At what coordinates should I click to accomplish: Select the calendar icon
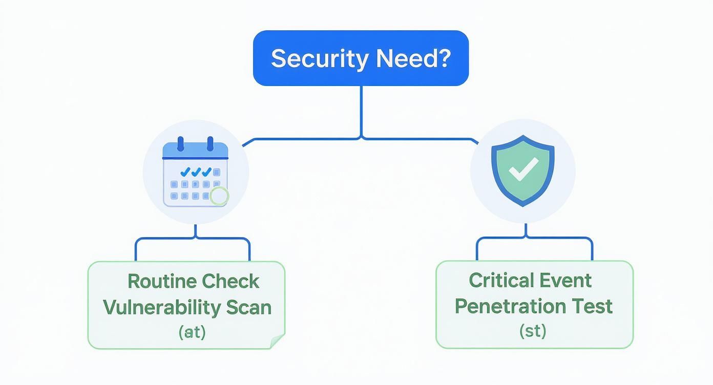[x=195, y=173]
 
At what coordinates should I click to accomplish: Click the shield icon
[x=522, y=171]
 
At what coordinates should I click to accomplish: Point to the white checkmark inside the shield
[x=523, y=169]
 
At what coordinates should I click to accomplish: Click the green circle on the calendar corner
[x=219, y=196]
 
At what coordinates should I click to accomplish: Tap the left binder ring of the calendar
[x=180, y=144]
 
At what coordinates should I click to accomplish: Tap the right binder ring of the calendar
[x=210, y=144]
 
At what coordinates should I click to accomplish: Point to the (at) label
[x=192, y=332]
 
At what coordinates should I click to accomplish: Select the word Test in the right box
[x=592, y=306]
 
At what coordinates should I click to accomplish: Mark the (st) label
[x=533, y=331]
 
